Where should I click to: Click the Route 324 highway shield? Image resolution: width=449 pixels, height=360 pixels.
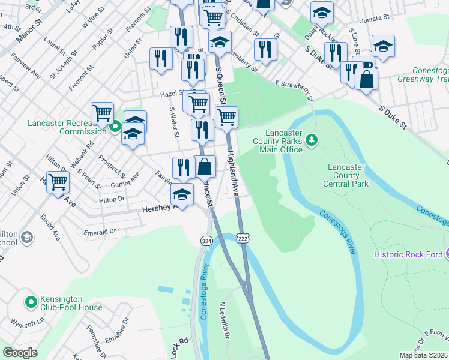[x=206, y=241]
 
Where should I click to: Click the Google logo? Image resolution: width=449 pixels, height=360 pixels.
[x=20, y=353]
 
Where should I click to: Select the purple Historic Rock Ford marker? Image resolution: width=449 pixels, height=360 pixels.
[x=446, y=254]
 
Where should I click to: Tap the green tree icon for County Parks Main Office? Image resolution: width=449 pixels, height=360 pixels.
[x=311, y=140]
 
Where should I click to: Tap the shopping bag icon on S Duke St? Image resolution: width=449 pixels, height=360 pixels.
[x=366, y=79]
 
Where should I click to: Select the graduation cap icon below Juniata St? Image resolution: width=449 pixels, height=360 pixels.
[x=382, y=46]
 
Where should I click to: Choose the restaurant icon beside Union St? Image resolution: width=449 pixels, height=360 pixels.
[x=160, y=58]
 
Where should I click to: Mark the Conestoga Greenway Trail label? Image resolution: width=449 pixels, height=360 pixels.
[x=423, y=74]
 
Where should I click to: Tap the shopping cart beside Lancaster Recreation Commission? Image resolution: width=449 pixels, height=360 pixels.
[x=103, y=112]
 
